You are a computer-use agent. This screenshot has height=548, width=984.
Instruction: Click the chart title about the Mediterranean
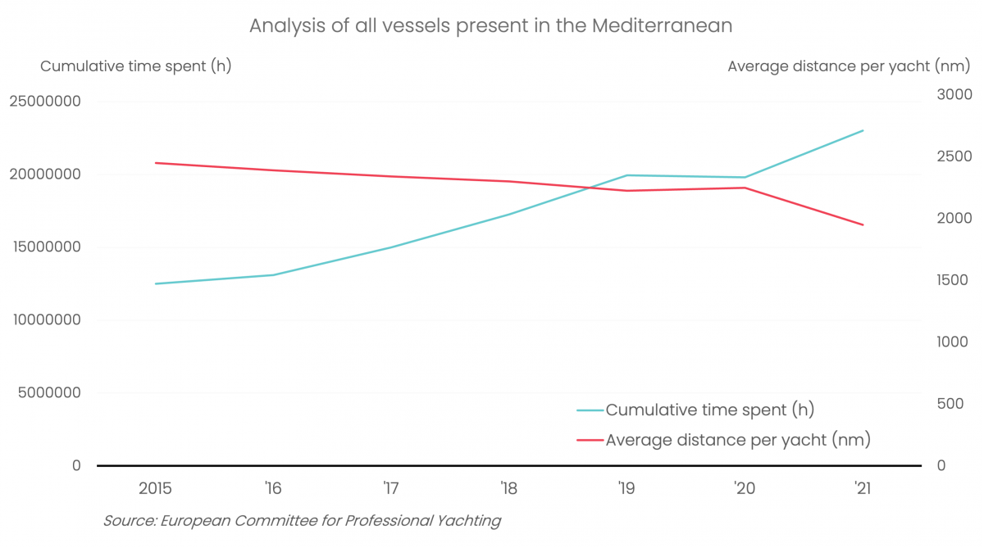pyautogui.click(x=490, y=26)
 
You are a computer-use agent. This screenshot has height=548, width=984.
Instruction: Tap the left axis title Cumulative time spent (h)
pyautogui.click(x=136, y=66)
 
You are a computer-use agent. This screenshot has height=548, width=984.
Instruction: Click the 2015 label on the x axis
pyautogui.click(x=155, y=489)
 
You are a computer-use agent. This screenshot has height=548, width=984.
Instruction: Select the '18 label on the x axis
pyautogui.click(x=508, y=489)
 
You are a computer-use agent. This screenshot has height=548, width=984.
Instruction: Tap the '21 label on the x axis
pyautogui.click(x=862, y=489)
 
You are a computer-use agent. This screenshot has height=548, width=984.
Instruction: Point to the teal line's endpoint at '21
pyautogui.click(x=863, y=130)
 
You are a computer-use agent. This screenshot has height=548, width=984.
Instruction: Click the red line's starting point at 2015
pyautogui.click(x=155, y=163)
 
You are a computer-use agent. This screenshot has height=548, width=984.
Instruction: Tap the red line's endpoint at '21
pyautogui.click(x=863, y=224)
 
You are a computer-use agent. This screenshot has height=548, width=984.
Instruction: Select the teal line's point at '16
pyautogui.click(x=273, y=274)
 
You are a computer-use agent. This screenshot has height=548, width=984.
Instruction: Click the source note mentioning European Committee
pyautogui.click(x=302, y=521)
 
